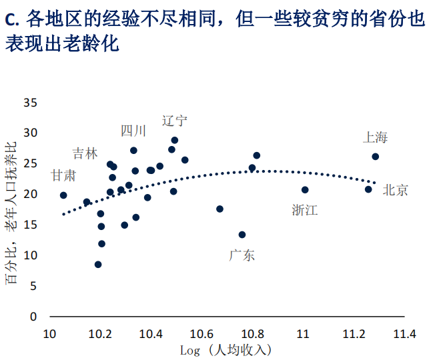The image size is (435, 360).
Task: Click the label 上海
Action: click(x=375, y=138)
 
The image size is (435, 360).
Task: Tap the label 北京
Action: click(x=395, y=190)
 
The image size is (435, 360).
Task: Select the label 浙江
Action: click(x=305, y=210)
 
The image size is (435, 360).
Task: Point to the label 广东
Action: click(x=242, y=255)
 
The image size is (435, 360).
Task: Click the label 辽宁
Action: click(x=175, y=121)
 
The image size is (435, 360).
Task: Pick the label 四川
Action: click(x=133, y=131)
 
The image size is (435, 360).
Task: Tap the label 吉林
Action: click(x=85, y=153)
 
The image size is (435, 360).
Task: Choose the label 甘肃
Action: click(x=63, y=175)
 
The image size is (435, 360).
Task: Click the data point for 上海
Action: click(x=376, y=157)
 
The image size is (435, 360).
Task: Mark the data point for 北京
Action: click(x=368, y=189)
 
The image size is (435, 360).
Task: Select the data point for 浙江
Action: click(x=305, y=190)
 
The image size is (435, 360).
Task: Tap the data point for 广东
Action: click(x=242, y=235)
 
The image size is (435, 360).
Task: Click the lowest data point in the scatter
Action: click(x=98, y=265)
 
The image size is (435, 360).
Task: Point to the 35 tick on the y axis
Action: click(x=30, y=103)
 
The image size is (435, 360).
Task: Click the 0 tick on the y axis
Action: click(x=33, y=317)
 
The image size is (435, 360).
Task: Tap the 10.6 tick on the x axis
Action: click(x=201, y=333)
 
